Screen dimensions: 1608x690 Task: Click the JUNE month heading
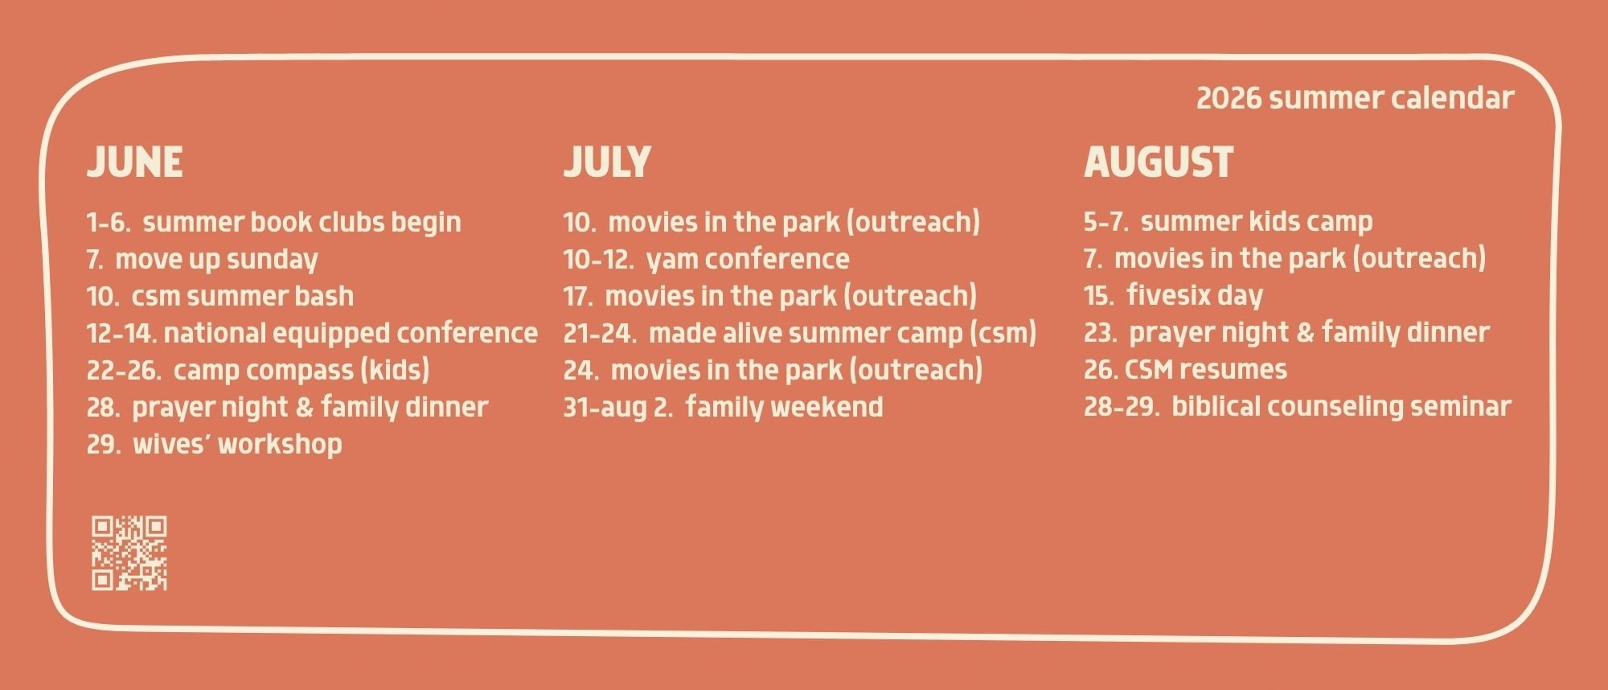[134, 162]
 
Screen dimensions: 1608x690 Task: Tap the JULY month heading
[607, 162]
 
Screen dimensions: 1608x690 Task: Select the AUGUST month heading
[1159, 162]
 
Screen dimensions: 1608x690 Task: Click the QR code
[129, 553]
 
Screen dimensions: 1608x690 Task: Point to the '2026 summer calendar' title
[1356, 98]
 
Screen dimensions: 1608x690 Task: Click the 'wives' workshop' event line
[215, 444]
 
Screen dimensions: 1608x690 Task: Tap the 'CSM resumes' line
[1185, 370]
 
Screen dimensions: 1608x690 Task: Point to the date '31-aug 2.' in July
[618, 408]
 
